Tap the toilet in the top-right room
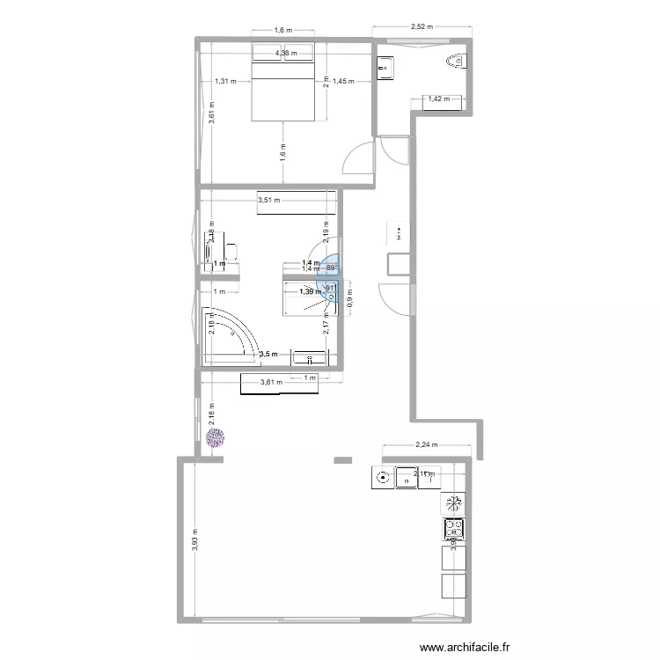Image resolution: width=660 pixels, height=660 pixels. pyautogui.click(x=456, y=62)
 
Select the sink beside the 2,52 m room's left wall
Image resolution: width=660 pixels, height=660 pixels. pyautogui.click(x=385, y=66)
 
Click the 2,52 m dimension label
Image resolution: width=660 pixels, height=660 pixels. pyautogui.click(x=422, y=26)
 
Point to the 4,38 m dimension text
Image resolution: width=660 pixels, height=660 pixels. pyautogui.click(x=286, y=54)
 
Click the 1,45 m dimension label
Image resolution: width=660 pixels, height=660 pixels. pyautogui.click(x=343, y=82)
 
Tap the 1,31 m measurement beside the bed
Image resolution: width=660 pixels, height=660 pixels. pyautogui.click(x=226, y=82)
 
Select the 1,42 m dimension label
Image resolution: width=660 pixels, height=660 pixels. pyautogui.click(x=438, y=99)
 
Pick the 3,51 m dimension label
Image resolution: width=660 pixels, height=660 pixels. pyautogui.click(x=269, y=201)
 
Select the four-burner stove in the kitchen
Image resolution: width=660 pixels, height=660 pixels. pyautogui.click(x=453, y=529)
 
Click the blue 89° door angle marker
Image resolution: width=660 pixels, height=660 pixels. pyautogui.click(x=332, y=268)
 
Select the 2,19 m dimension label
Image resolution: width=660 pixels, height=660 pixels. pyautogui.click(x=326, y=231)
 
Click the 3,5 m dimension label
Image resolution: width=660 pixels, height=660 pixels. pyautogui.click(x=268, y=355)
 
